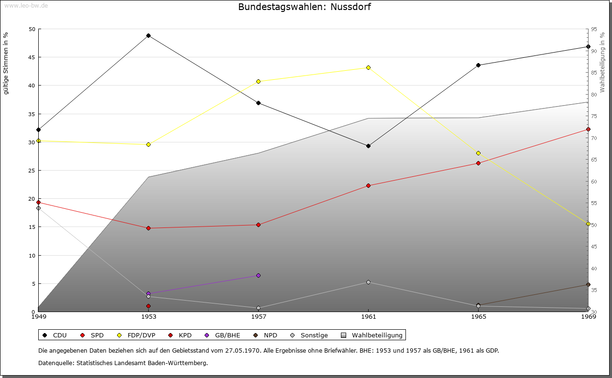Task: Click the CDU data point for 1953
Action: pyautogui.click(x=148, y=35)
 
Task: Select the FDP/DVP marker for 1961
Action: pyautogui.click(x=368, y=67)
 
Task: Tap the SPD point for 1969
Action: pyautogui.click(x=588, y=129)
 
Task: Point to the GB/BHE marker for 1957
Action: pyautogui.click(x=258, y=275)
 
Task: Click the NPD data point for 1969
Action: pyautogui.click(x=588, y=284)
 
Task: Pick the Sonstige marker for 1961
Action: pyautogui.click(x=368, y=282)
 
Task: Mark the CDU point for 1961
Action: pyautogui.click(x=368, y=146)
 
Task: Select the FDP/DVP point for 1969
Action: pyautogui.click(x=588, y=224)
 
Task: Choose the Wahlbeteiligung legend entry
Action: pyautogui.click(x=373, y=335)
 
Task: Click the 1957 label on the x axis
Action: pyautogui.click(x=258, y=316)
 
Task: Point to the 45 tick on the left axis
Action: pyautogui.click(x=32, y=57)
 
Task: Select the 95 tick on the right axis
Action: pyautogui.click(x=594, y=29)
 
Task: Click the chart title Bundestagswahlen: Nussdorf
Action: pyautogui.click(x=305, y=7)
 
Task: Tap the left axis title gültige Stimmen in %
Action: pyautogui.click(x=6, y=64)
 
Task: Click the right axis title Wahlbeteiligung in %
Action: pyautogui.click(x=602, y=62)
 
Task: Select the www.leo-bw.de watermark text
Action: pyautogui.click(x=25, y=5)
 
